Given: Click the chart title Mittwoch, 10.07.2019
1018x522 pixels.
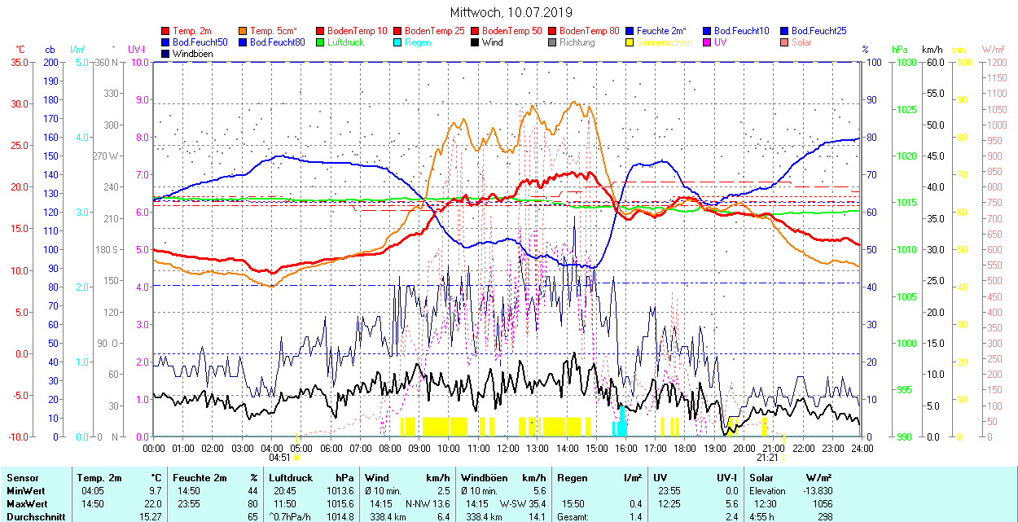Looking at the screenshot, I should coord(511,12).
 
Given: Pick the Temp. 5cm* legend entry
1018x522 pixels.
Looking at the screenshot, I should coord(273,31).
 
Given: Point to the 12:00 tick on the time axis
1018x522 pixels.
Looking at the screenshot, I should coord(508,448).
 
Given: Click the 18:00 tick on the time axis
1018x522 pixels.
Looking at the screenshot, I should coord(685,448).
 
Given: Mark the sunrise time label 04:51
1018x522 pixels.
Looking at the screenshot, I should coord(280,458).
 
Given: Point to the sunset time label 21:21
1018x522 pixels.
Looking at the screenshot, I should coord(768,458).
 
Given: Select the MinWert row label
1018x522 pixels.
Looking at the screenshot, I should coord(24,491).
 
